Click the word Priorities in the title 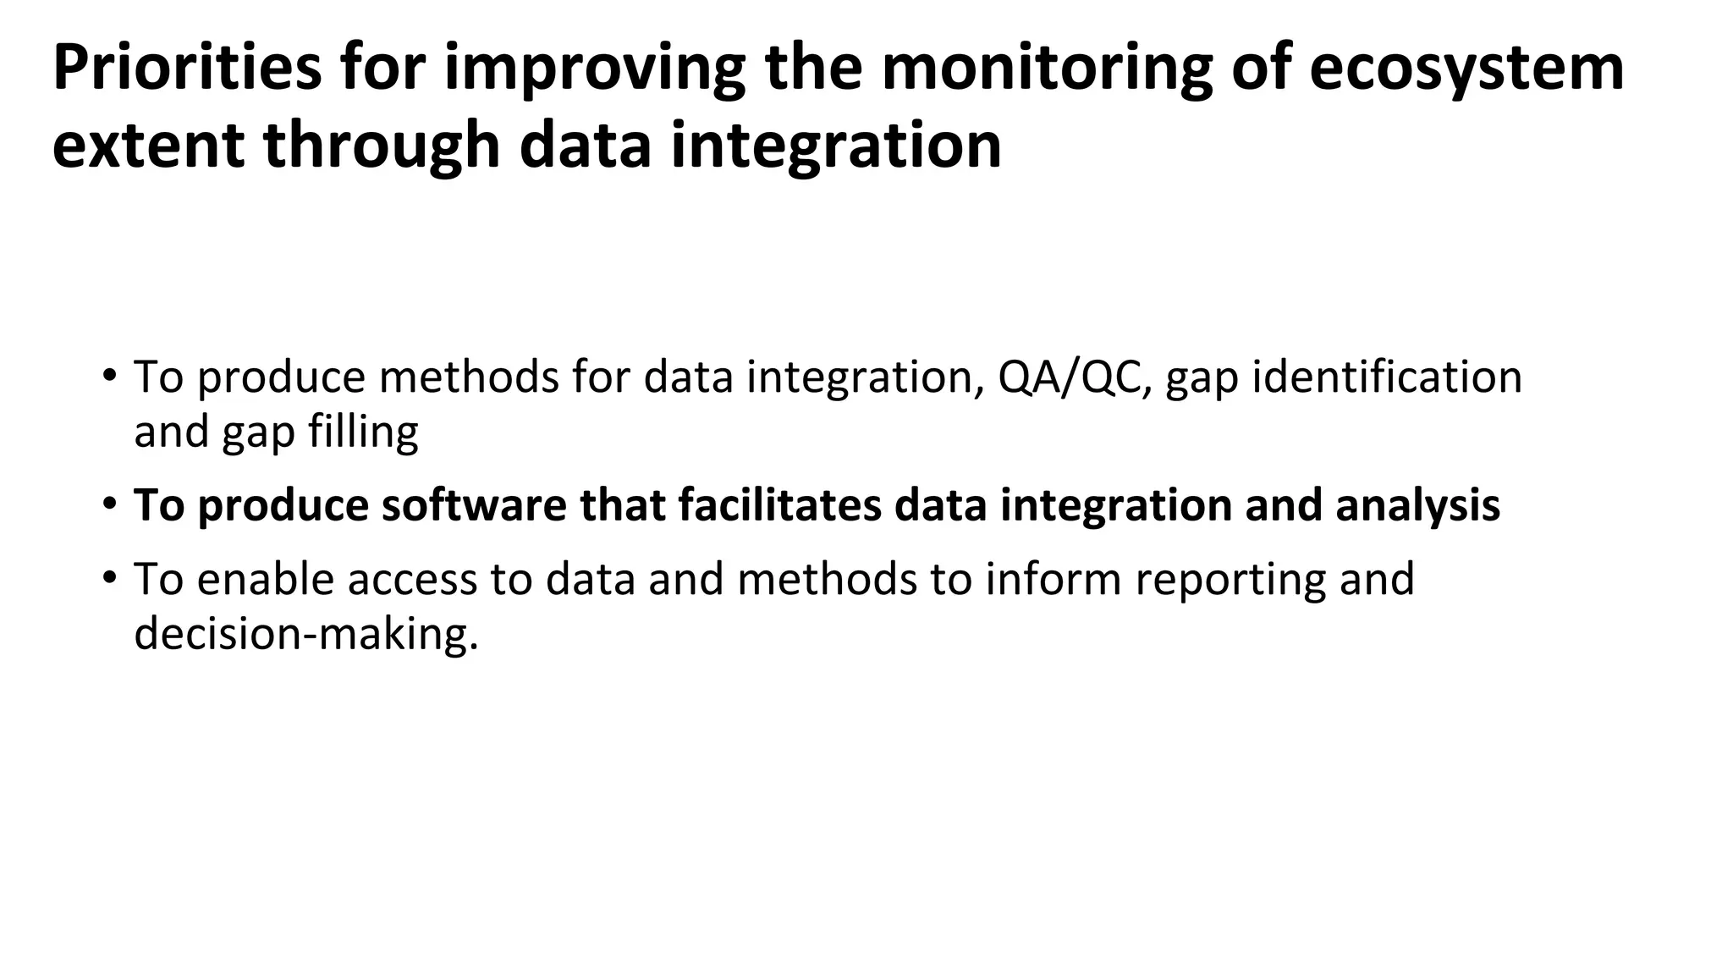pos(187,68)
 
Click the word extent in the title pos(148,146)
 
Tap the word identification pos(1387,377)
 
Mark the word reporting pos(1229,579)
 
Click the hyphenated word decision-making pos(305,634)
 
